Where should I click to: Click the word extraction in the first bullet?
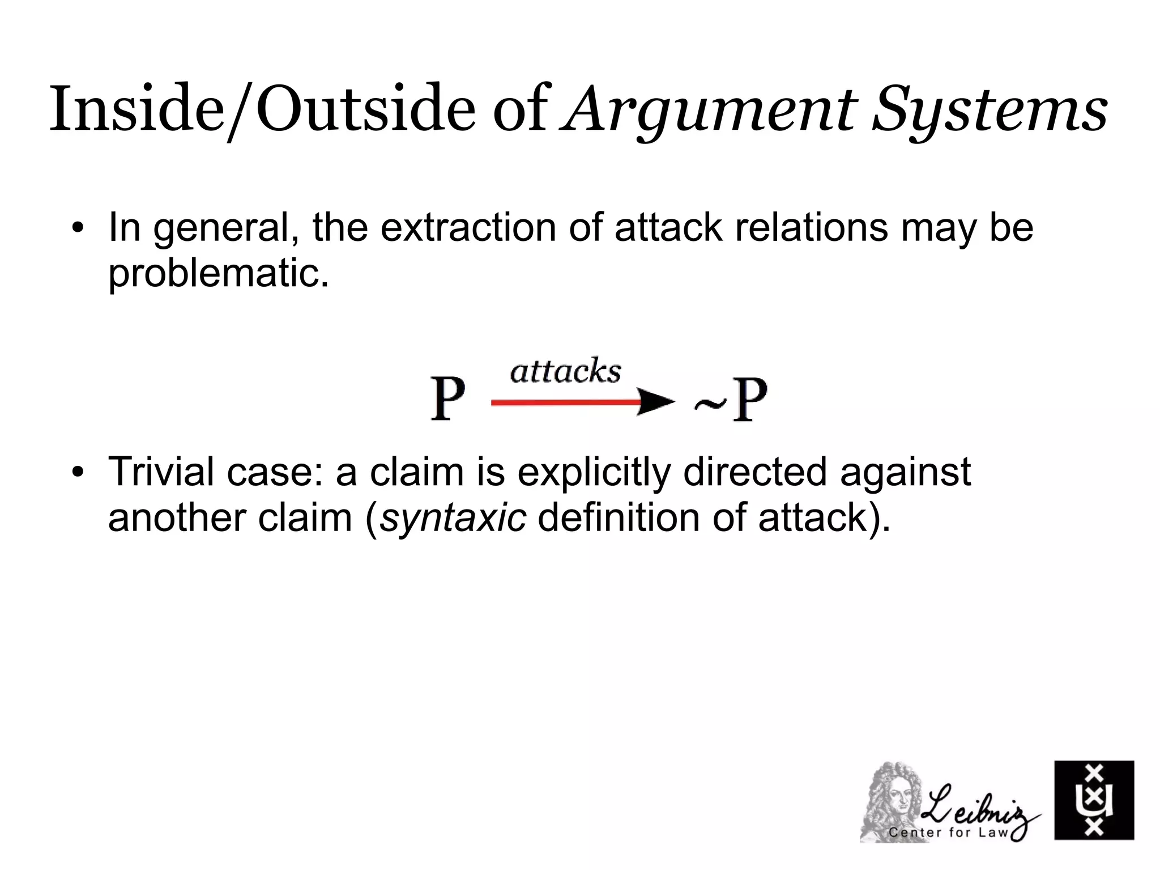(468, 228)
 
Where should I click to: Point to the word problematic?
(219, 274)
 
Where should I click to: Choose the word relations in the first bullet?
(811, 228)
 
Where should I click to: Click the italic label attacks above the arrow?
(565, 372)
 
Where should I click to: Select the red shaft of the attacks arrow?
(564, 402)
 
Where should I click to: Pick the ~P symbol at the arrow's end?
(731, 400)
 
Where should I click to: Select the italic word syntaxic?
(453, 518)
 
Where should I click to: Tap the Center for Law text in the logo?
(948, 832)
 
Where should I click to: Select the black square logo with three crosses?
(1094, 800)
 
